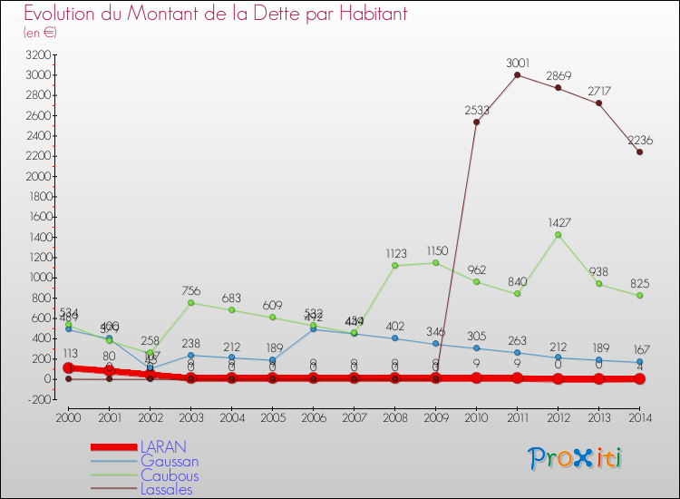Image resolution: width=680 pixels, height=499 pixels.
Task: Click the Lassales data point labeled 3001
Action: [x=517, y=74]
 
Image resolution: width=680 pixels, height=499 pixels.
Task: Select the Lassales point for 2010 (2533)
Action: [x=476, y=122]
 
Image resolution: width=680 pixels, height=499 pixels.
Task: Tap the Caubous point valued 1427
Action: [x=558, y=234]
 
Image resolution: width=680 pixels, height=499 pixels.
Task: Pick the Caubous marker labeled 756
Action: [x=190, y=302]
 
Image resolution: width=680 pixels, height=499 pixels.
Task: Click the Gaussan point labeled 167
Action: [x=640, y=362]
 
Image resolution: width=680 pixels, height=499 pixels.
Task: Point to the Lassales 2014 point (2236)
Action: [x=640, y=152]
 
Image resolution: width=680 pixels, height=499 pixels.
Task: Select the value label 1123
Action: [x=394, y=254]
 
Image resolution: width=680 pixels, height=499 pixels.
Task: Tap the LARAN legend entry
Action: [x=163, y=446]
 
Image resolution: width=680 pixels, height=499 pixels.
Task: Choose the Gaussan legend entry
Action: [x=170, y=461]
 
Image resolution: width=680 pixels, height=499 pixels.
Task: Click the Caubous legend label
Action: [x=170, y=475]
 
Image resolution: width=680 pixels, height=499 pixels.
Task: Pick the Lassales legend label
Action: [x=168, y=490]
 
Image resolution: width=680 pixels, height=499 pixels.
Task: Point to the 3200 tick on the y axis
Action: [x=37, y=54]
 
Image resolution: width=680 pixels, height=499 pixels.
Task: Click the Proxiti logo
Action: [x=575, y=458]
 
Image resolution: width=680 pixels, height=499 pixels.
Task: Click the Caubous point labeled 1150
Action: [x=435, y=263]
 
